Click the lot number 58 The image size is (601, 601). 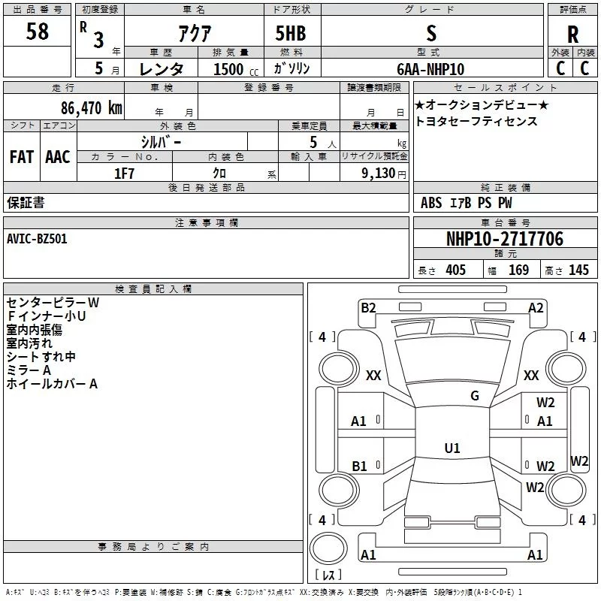(x=37, y=32)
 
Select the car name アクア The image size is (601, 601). (x=195, y=33)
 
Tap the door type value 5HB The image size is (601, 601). (x=291, y=33)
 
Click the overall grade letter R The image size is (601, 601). (x=572, y=35)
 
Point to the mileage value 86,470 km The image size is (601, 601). (x=92, y=108)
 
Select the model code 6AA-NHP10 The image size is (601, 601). (x=430, y=69)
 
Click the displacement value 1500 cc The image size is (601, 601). (x=236, y=69)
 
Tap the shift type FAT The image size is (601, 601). (x=22, y=157)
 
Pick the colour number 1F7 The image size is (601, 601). (x=124, y=174)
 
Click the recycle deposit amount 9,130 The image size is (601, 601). (x=379, y=174)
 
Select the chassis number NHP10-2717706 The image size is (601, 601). (x=505, y=239)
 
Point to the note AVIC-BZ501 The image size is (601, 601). (x=37, y=239)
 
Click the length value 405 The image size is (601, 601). (x=456, y=270)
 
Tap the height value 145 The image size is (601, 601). (x=578, y=270)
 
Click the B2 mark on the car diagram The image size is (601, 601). (x=368, y=308)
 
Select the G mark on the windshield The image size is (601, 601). (x=475, y=396)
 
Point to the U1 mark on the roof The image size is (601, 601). (x=452, y=448)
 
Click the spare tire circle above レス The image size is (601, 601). (x=328, y=548)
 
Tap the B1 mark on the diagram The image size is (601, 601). (x=359, y=466)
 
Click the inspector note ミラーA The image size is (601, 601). (x=29, y=370)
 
